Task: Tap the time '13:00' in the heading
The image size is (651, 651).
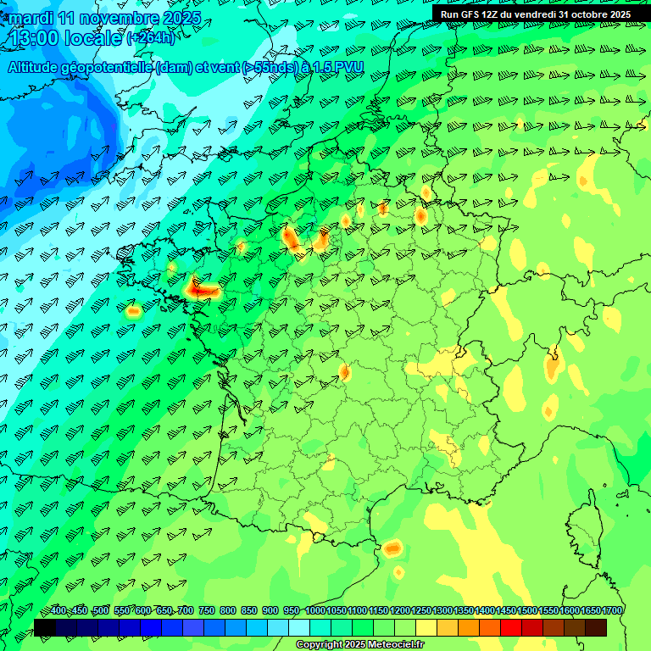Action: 40,37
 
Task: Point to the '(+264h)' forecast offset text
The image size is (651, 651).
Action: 151,38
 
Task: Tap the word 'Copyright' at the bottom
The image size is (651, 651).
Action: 320,645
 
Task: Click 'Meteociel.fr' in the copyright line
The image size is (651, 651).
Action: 395,645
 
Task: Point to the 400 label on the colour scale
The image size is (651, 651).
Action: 58,611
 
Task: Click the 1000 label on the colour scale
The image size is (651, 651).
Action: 315,611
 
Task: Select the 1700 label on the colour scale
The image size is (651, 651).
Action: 612,611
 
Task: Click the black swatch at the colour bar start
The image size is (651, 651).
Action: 45,628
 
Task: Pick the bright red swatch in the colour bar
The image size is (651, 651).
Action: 511,628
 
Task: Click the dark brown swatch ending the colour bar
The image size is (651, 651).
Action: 596,628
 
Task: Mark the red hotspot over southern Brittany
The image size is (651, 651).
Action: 202,290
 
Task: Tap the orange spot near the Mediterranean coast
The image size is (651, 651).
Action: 392,548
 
